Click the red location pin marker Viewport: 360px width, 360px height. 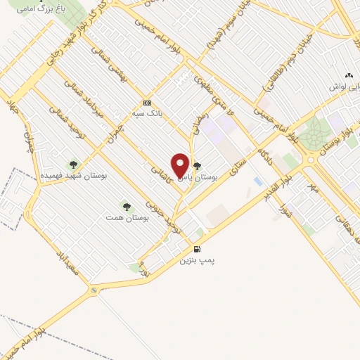(x=180, y=165)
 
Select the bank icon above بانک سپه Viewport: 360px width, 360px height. (x=146, y=101)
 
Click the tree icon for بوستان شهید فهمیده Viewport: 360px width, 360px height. (x=73, y=165)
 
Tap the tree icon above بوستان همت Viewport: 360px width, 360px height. (x=127, y=207)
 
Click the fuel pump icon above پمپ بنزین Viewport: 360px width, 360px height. (x=197, y=249)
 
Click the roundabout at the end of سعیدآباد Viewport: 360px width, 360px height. (x=94, y=290)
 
